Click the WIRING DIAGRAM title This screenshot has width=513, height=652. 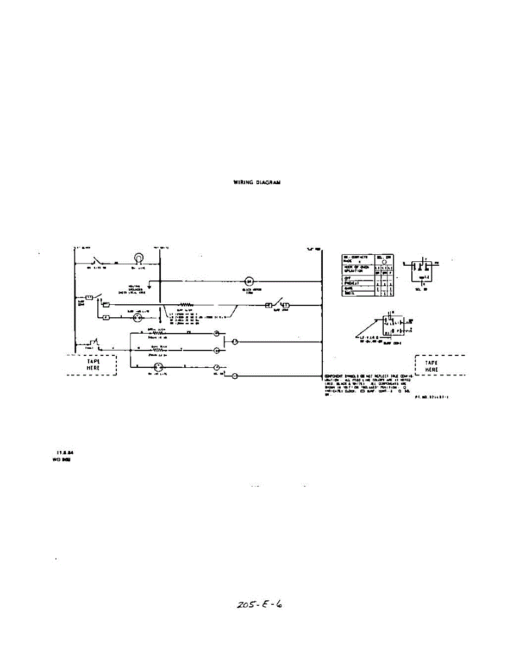point(256,183)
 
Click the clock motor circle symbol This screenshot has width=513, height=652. point(249,281)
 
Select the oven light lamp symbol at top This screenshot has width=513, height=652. point(139,258)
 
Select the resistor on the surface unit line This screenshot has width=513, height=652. point(187,304)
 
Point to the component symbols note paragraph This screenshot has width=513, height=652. point(367,385)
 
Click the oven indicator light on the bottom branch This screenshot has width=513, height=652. point(159,367)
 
